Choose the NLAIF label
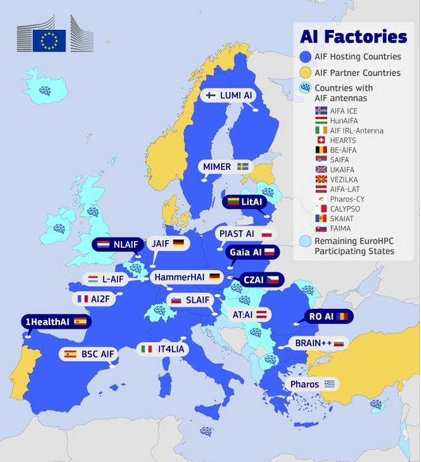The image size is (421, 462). pos(116,244)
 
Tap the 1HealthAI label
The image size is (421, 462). pos(55,322)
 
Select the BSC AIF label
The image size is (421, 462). pos(89,354)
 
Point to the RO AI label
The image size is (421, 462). pos(329,316)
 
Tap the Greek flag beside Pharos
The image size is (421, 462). pos(330,384)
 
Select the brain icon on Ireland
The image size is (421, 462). pos(59,228)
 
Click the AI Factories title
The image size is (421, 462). pos(353,37)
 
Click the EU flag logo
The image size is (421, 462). pos(49,40)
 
